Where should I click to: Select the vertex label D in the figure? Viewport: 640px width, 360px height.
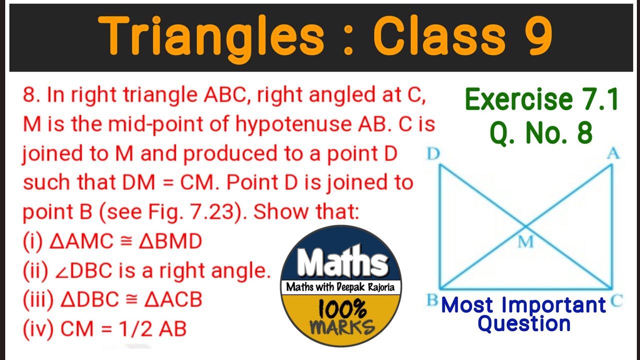pos(433,154)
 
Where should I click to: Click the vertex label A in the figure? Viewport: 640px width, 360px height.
pos(613,154)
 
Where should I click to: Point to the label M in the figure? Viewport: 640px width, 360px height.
pos(525,242)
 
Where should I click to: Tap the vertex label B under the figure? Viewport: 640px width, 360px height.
pos(432,300)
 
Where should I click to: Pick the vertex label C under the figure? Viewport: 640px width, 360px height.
pos(616,300)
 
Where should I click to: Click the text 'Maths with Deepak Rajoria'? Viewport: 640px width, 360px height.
pos(341,287)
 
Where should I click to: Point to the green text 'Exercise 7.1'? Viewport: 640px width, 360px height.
pos(542,100)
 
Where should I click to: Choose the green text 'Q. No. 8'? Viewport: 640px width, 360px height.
pos(541,133)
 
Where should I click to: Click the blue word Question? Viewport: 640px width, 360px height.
pos(524,323)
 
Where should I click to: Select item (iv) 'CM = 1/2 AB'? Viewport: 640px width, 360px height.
pos(104,329)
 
